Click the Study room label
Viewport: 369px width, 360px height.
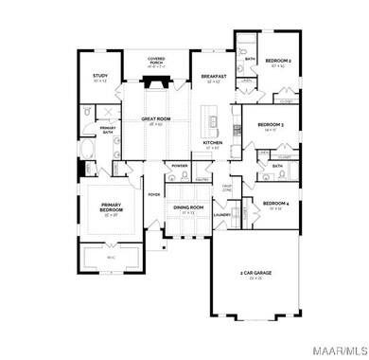tap(99, 76)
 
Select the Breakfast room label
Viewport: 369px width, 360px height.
tap(213, 78)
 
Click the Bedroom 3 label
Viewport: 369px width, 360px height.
tap(271, 123)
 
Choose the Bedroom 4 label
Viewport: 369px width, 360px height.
tap(274, 203)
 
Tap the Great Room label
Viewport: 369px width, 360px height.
tap(155, 119)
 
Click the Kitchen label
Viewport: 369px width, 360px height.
tap(213, 143)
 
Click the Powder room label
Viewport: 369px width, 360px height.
tap(180, 165)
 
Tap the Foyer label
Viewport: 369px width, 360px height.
tap(153, 194)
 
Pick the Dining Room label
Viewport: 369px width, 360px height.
tap(188, 207)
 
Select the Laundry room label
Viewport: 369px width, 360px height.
tap(222, 214)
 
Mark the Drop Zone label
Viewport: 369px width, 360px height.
tap(227, 189)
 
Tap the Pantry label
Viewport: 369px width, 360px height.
tap(201, 178)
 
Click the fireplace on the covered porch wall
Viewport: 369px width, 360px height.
tap(157, 81)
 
